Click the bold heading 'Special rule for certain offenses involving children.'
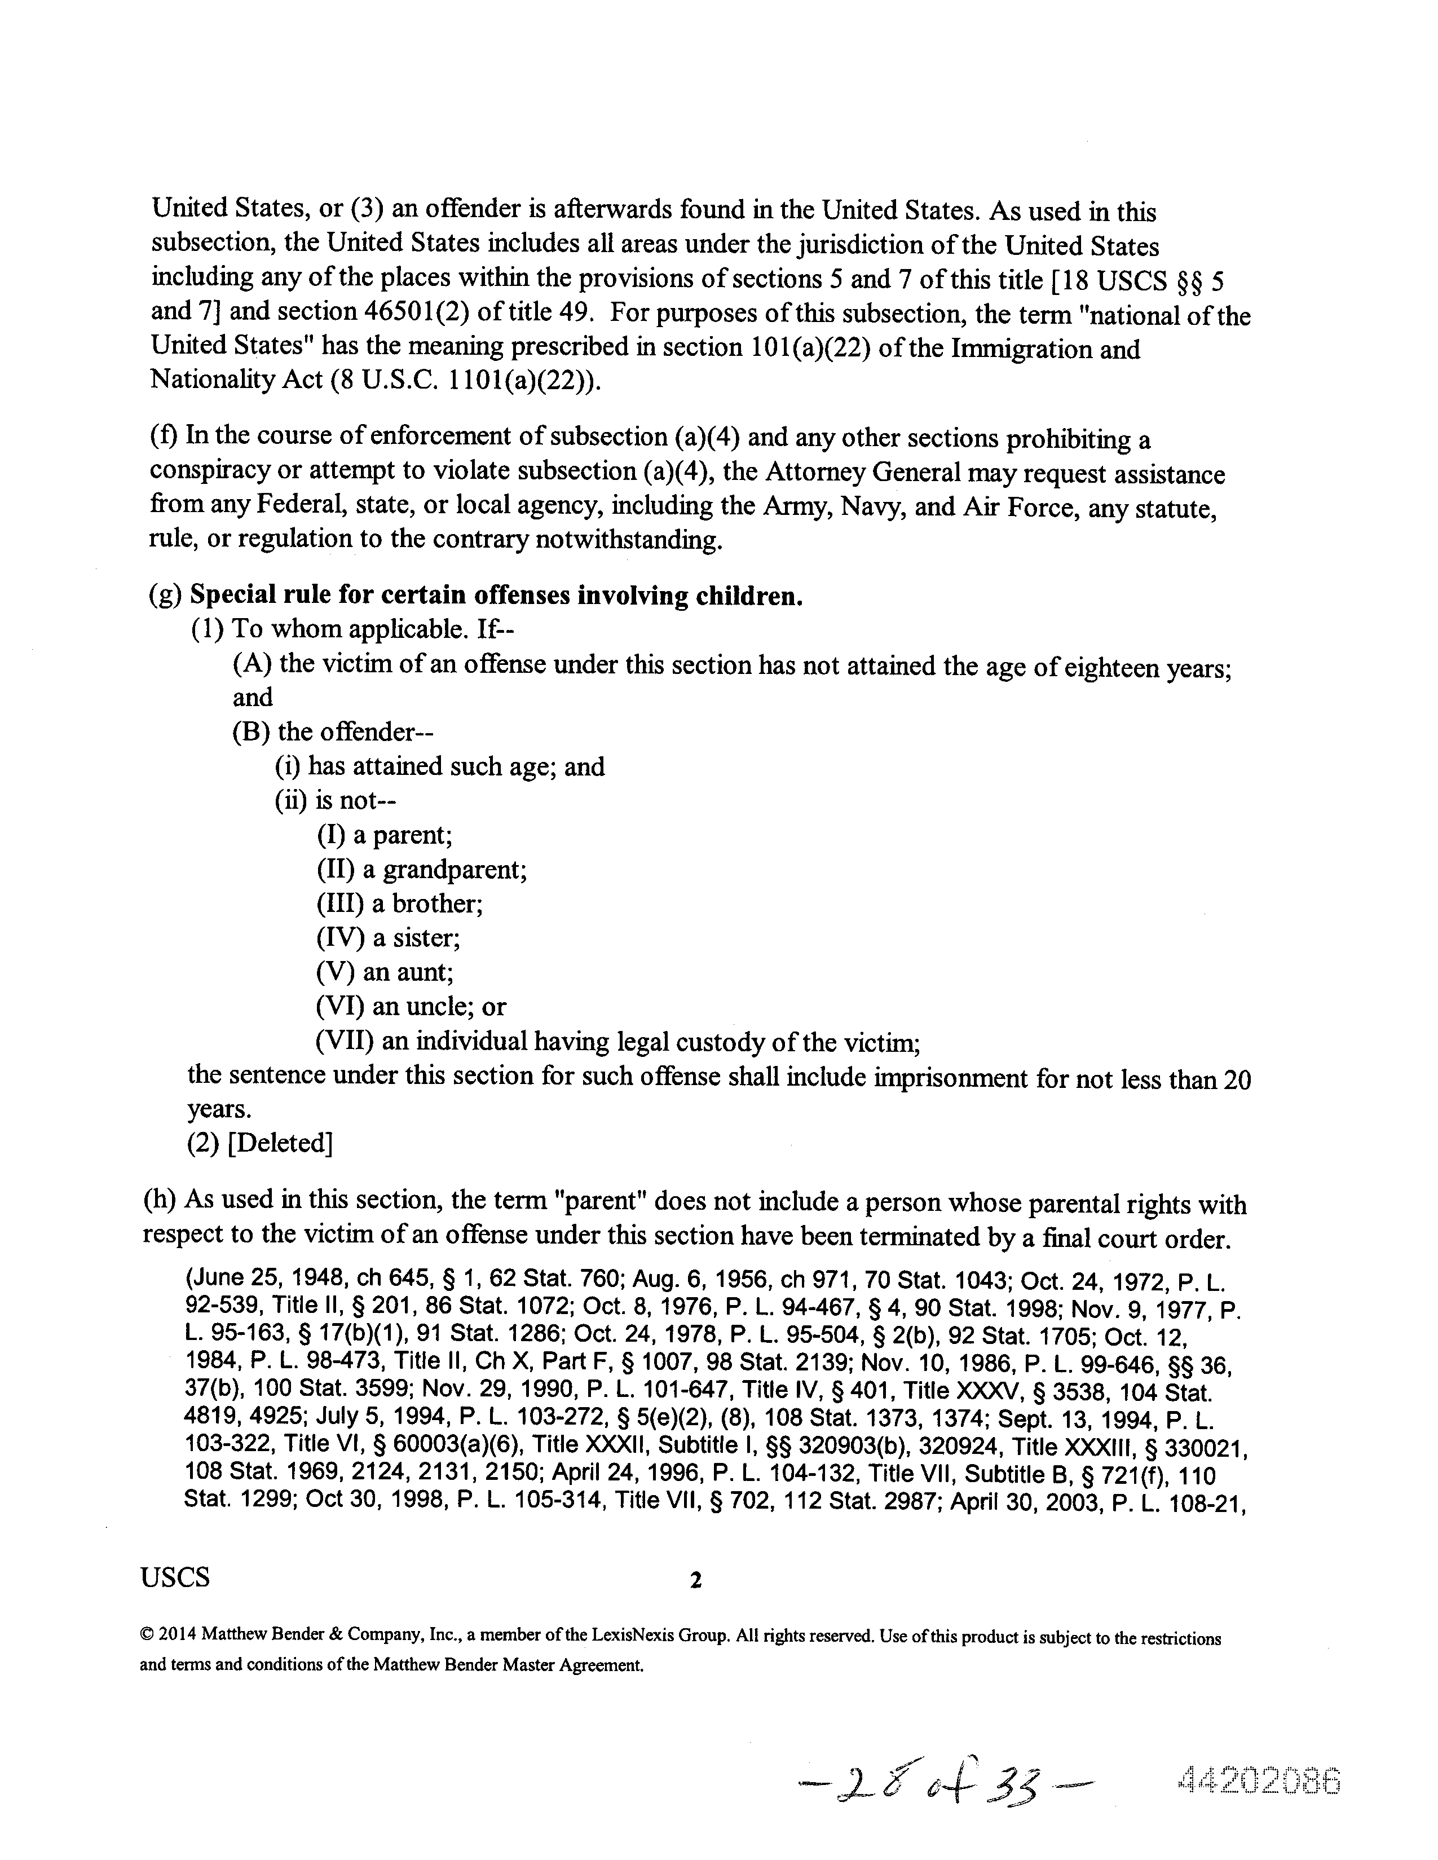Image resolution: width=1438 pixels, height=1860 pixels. coord(496,596)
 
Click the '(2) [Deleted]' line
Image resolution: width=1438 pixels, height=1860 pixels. coord(259,1143)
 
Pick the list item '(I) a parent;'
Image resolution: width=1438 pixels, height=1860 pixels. coord(384,835)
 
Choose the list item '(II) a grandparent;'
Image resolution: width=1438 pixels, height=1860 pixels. coord(421,870)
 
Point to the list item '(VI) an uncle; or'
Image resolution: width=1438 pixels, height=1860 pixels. coord(411,1007)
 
